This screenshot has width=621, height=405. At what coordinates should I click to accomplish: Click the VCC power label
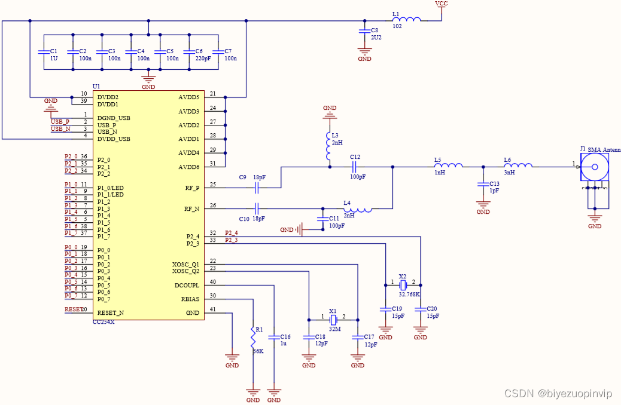pos(441,4)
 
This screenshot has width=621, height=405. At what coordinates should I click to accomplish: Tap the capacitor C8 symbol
pos(364,30)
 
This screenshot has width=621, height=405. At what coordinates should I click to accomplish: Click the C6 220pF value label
pos(203,59)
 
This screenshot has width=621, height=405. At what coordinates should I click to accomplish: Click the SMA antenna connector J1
pos(595,167)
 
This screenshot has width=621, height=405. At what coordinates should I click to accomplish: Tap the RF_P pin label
pos(192,188)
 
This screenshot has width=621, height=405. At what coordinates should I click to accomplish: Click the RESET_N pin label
pos(111,312)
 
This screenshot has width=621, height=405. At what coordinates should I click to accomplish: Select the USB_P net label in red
pos(60,122)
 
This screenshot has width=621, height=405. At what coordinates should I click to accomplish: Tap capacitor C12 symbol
pos(355,167)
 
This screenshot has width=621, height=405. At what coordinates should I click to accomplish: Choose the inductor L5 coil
pos(448,167)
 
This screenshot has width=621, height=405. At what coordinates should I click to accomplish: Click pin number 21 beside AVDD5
pos(212,94)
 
